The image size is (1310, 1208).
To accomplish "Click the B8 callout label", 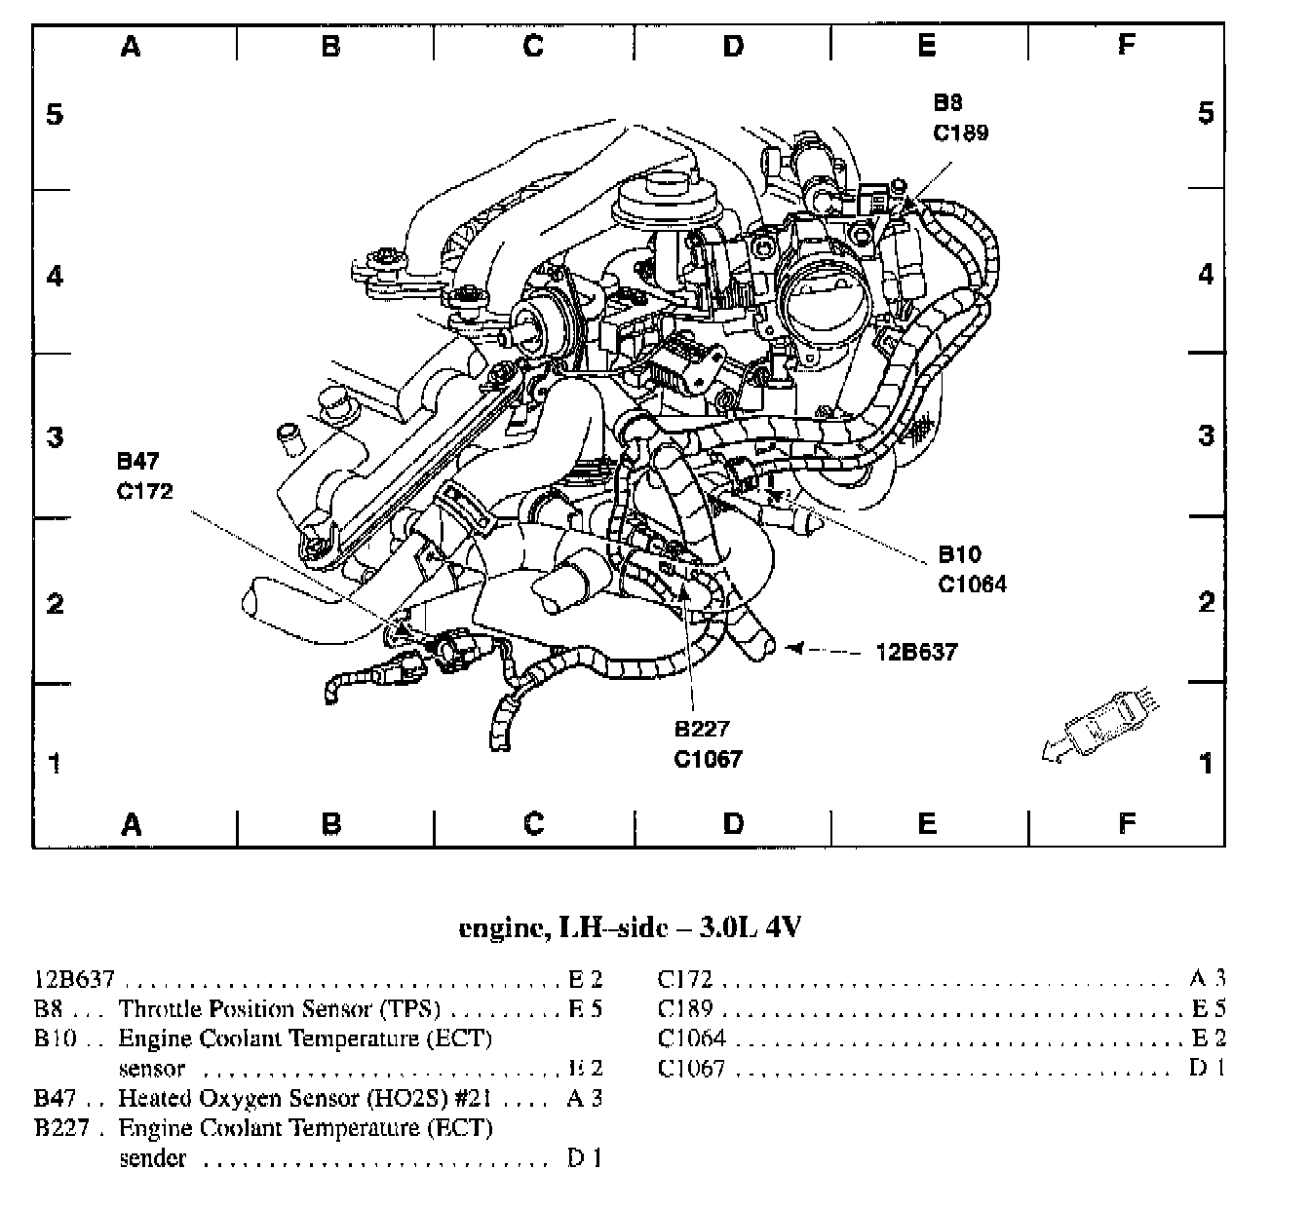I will pos(947,103).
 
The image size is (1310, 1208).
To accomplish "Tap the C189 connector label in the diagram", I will pos(960,132).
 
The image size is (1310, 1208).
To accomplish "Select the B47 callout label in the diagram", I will pos(137,461).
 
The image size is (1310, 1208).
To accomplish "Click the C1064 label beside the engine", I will pos(972,584).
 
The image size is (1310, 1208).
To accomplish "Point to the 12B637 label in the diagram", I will pos(916,651).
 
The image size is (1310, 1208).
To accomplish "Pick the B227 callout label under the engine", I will pos(702,729).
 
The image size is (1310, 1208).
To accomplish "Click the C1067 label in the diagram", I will pos(708,759).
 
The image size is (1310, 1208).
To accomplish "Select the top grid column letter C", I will pos(532,45).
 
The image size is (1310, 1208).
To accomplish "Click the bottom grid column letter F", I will pos(1126,824).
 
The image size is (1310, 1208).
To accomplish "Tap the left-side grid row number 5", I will pos(55,114).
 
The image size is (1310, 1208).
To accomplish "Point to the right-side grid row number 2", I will pos(1206,602).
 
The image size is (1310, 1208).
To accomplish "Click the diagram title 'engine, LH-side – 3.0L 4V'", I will pos(630,926).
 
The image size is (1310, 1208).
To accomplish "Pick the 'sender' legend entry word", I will pos(152,1158).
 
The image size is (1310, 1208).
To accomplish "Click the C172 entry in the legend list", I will pos(685,979).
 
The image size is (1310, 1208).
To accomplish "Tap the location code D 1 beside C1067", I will pos(1207,1068).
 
